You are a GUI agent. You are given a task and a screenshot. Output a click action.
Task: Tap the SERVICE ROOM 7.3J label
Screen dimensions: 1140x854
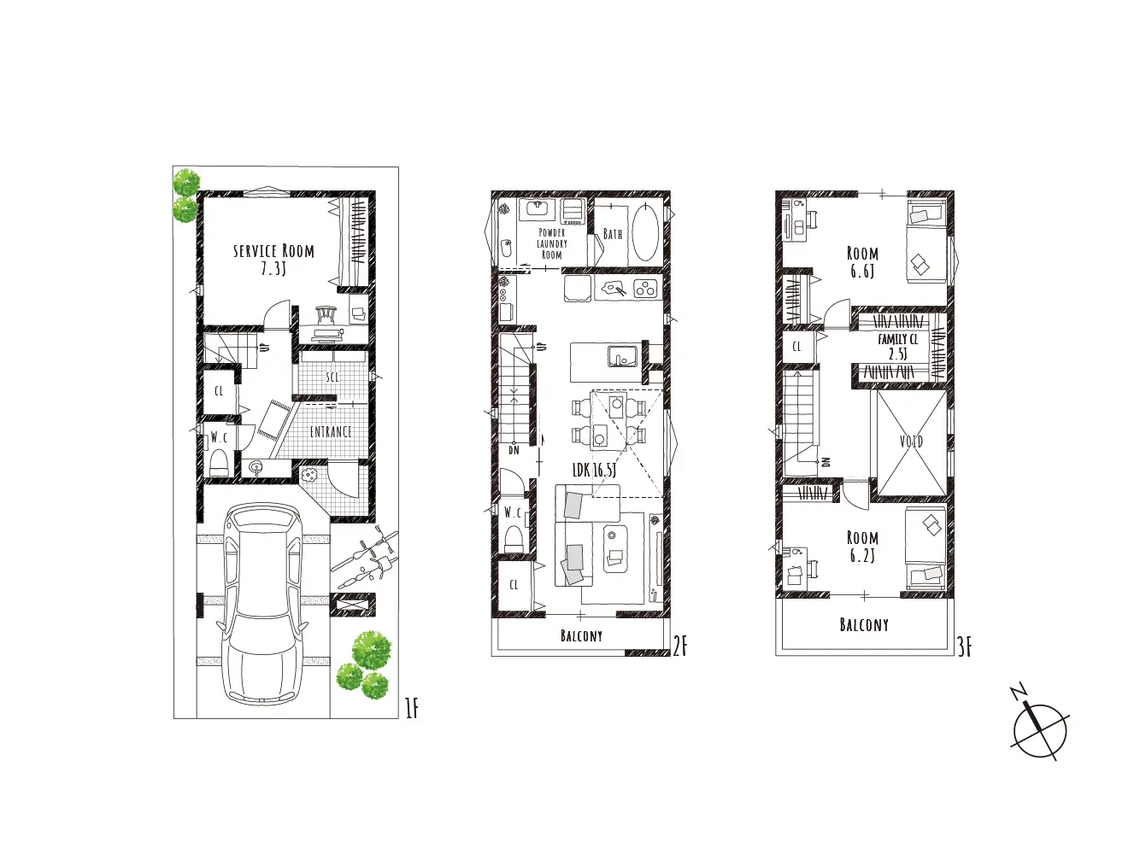point(273,260)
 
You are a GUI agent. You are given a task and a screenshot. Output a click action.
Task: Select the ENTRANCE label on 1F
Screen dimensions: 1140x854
point(331,431)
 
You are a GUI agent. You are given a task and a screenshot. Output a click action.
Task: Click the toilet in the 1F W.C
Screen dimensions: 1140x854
point(219,464)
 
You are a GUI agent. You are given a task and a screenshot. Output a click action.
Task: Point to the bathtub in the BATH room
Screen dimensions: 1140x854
point(645,233)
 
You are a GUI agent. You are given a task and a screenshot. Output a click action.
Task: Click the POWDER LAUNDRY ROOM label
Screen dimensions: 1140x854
point(551,243)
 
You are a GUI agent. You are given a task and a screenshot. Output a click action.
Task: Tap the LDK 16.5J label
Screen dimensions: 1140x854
point(594,470)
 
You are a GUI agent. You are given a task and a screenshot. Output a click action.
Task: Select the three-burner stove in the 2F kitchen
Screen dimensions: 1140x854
point(645,289)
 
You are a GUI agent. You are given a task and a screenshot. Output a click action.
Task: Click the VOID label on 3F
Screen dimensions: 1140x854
point(911,442)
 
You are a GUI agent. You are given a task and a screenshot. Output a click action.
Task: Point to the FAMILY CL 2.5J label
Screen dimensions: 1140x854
point(898,347)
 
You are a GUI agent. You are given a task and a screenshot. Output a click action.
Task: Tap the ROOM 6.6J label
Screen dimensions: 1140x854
point(862,262)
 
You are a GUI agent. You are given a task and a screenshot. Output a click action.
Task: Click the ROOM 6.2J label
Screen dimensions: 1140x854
point(862,546)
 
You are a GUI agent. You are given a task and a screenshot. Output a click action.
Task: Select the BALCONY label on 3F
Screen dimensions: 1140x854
point(864,624)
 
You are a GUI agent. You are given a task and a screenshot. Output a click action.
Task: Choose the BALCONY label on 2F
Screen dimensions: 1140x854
point(581,635)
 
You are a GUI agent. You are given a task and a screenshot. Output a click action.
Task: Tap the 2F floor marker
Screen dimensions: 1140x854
point(680,647)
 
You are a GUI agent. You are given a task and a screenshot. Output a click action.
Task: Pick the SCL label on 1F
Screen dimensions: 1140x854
point(332,377)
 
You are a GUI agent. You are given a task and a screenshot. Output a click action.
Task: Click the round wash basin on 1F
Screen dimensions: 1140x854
point(256,467)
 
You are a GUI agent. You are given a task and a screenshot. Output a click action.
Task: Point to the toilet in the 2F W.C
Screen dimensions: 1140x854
point(514,539)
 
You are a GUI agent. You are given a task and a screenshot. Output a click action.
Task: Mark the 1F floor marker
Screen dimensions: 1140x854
point(411,709)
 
